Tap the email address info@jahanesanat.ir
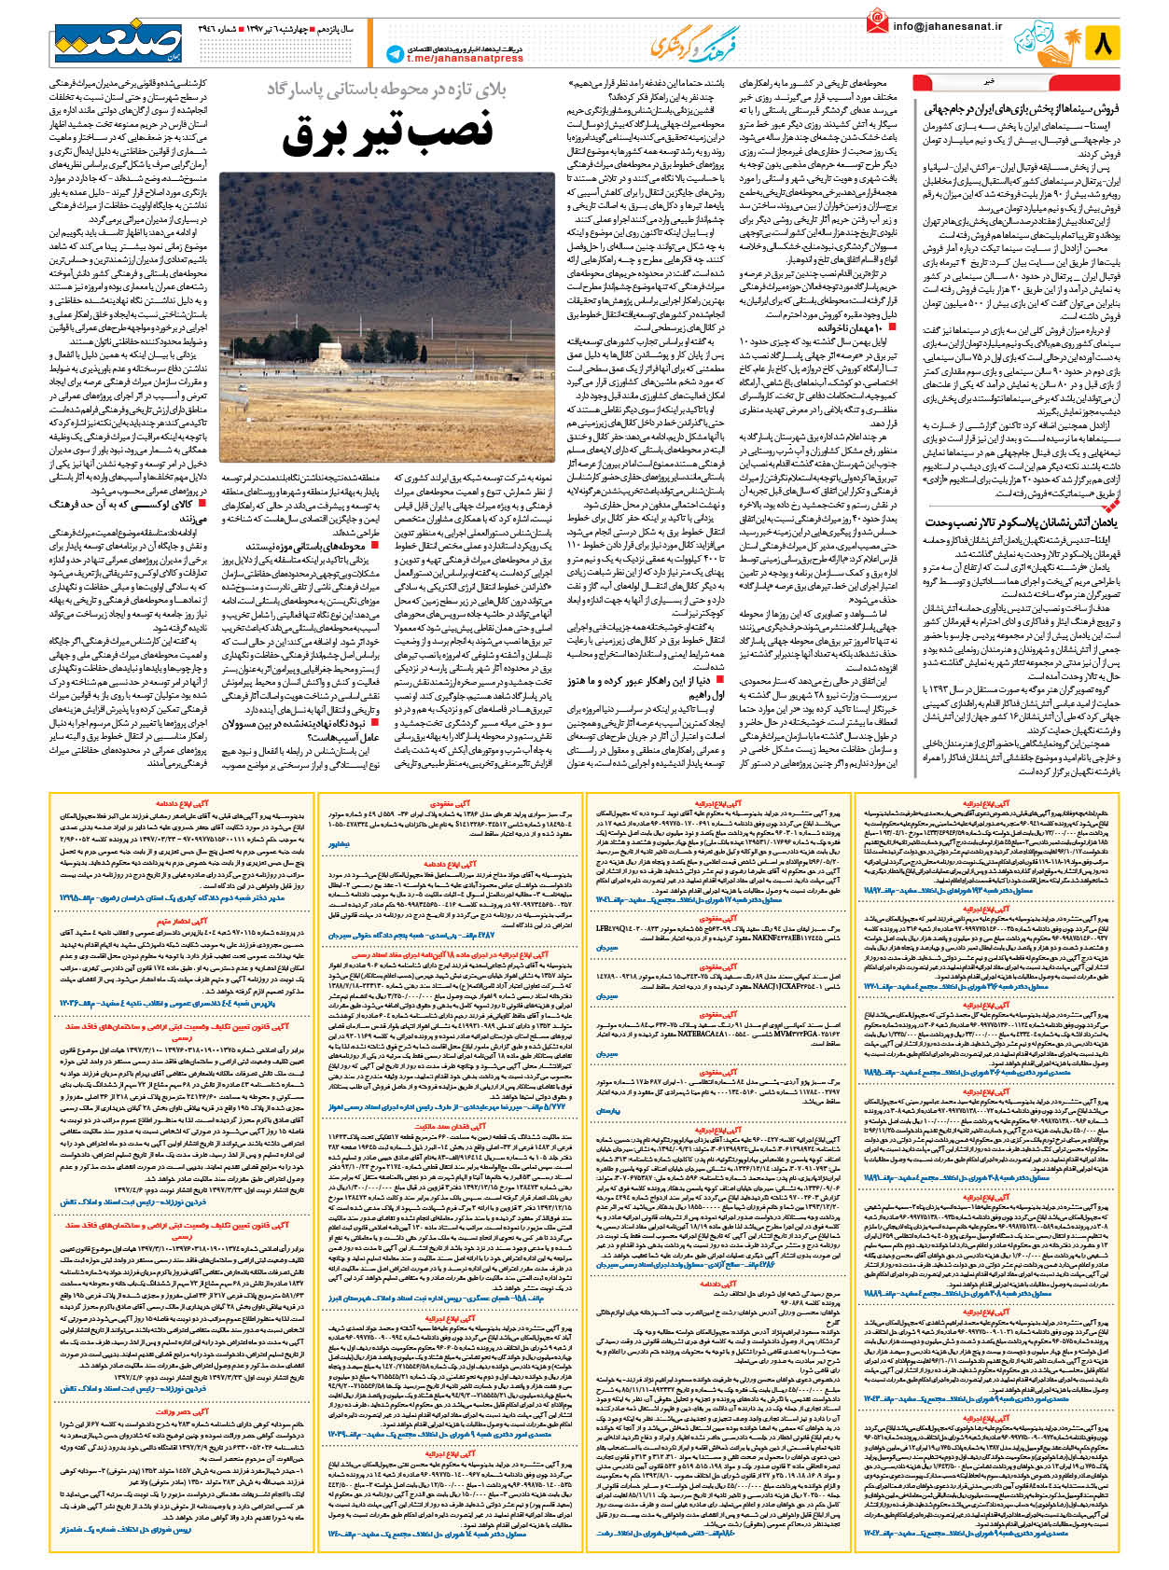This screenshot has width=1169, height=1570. pyautogui.click(x=947, y=26)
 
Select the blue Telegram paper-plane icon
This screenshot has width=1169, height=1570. pyautogui.click(x=395, y=54)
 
